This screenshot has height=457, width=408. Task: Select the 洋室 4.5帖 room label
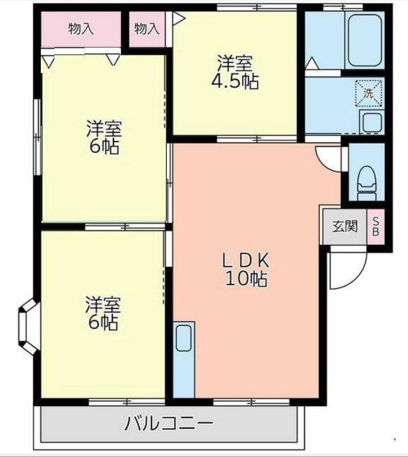234,72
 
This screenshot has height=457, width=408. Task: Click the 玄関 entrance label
344,227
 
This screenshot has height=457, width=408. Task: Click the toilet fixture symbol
366,180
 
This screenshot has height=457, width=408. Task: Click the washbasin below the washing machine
372,122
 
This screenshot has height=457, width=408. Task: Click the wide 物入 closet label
81,29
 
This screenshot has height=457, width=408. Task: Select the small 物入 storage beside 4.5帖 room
147,29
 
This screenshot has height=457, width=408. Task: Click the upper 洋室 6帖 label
103,138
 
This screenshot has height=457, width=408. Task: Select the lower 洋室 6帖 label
102,313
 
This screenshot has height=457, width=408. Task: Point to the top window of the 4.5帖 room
256,7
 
